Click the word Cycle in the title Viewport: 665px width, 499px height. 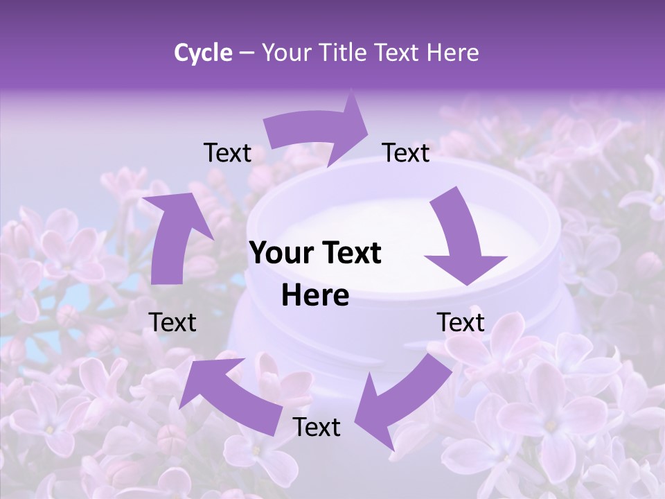[203, 53]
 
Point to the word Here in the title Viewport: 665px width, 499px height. [453, 53]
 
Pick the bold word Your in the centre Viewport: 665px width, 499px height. [276, 253]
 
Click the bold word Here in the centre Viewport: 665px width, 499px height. [315, 296]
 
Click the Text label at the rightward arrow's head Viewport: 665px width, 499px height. [406, 152]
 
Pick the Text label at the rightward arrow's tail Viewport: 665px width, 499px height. [227, 152]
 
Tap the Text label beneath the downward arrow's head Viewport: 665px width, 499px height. [461, 322]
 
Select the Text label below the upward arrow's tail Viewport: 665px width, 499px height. [172, 322]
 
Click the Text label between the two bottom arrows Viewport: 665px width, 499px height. [317, 427]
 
